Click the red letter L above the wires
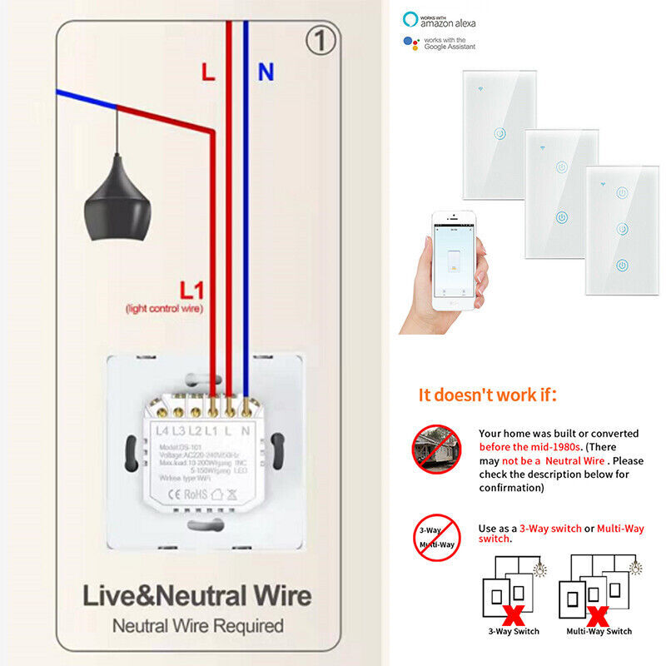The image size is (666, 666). pyautogui.click(x=207, y=72)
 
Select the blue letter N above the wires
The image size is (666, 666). pyautogui.click(x=266, y=72)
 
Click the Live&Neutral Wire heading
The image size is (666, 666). pyautogui.click(x=196, y=596)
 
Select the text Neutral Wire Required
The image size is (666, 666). pyautogui.click(x=197, y=625)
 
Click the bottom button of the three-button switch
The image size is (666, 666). pyautogui.click(x=621, y=266)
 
